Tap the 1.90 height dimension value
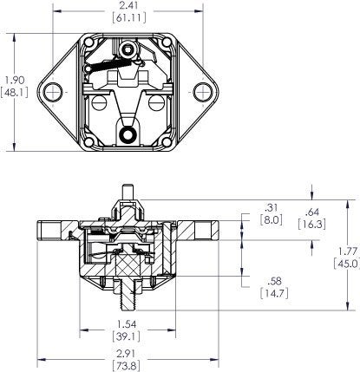(14, 78)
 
